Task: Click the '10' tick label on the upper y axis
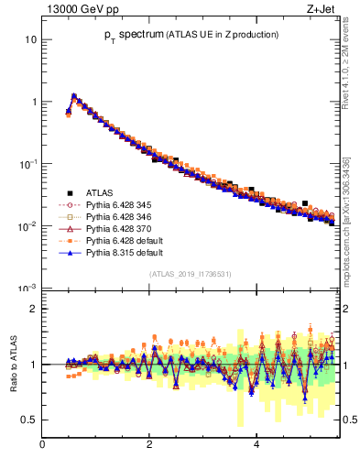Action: [x=30, y=40]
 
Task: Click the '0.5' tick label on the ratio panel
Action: [x=27, y=420]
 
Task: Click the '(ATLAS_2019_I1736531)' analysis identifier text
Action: [x=190, y=274]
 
